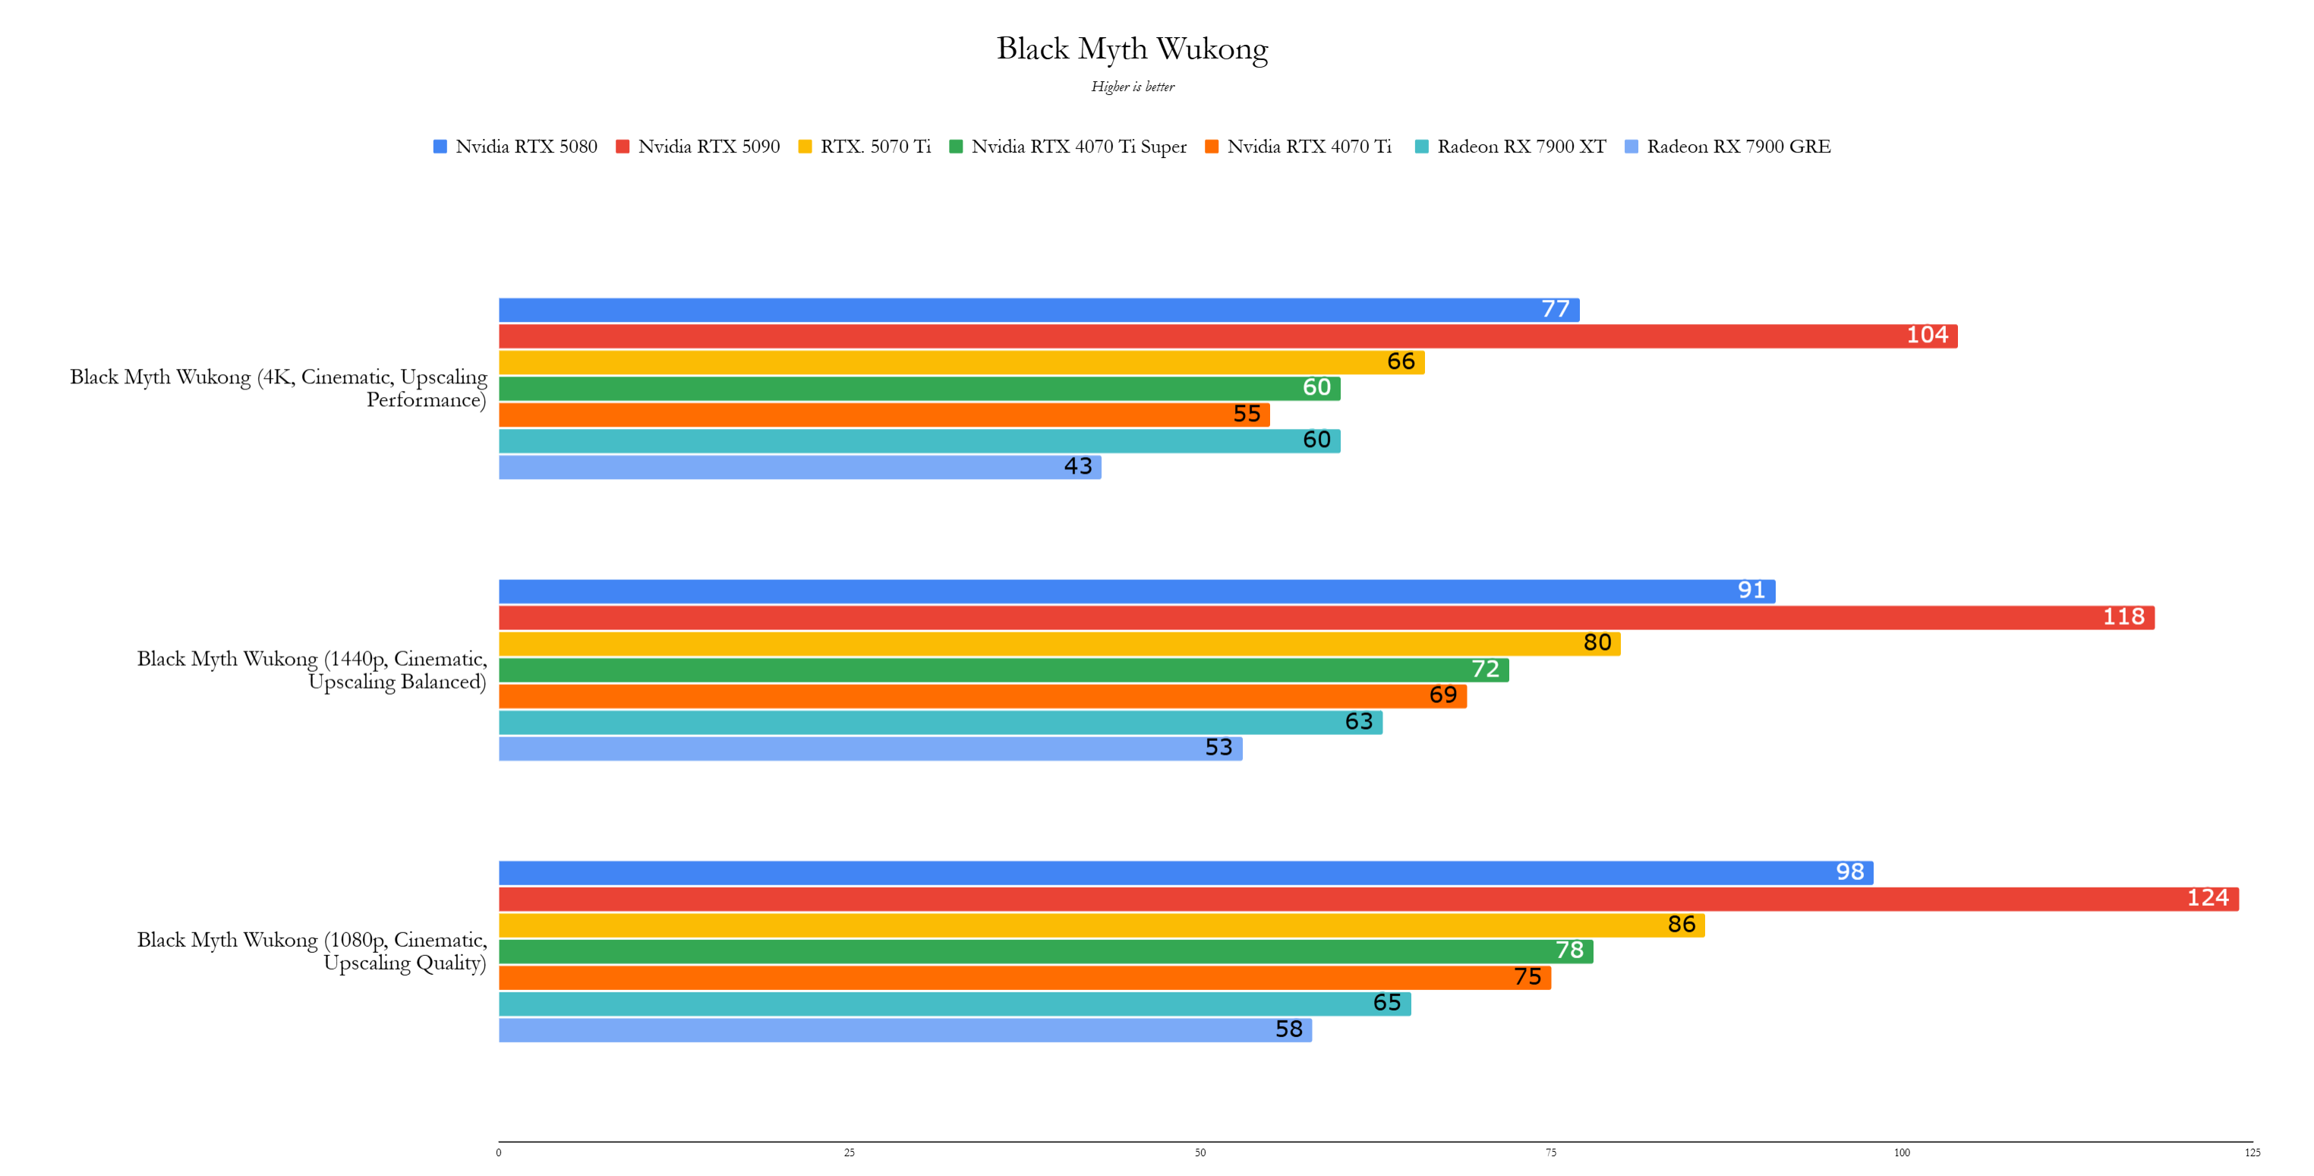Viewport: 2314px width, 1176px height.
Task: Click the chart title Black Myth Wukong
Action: coord(1132,49)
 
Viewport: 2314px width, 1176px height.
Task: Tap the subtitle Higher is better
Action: coord(1132,87)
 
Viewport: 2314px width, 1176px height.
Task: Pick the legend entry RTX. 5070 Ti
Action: coord(864,147)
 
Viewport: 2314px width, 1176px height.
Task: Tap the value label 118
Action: coord(2123,617)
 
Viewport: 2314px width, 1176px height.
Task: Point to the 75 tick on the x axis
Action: coord(1550,1152)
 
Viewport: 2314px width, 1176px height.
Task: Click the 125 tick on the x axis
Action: coord(2252,1152)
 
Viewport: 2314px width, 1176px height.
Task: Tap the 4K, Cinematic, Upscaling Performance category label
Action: coord(279,388)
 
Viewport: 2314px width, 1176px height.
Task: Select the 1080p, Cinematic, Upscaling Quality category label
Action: coord(312,951)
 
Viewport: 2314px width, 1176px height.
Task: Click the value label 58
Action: coord(1289,1029)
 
